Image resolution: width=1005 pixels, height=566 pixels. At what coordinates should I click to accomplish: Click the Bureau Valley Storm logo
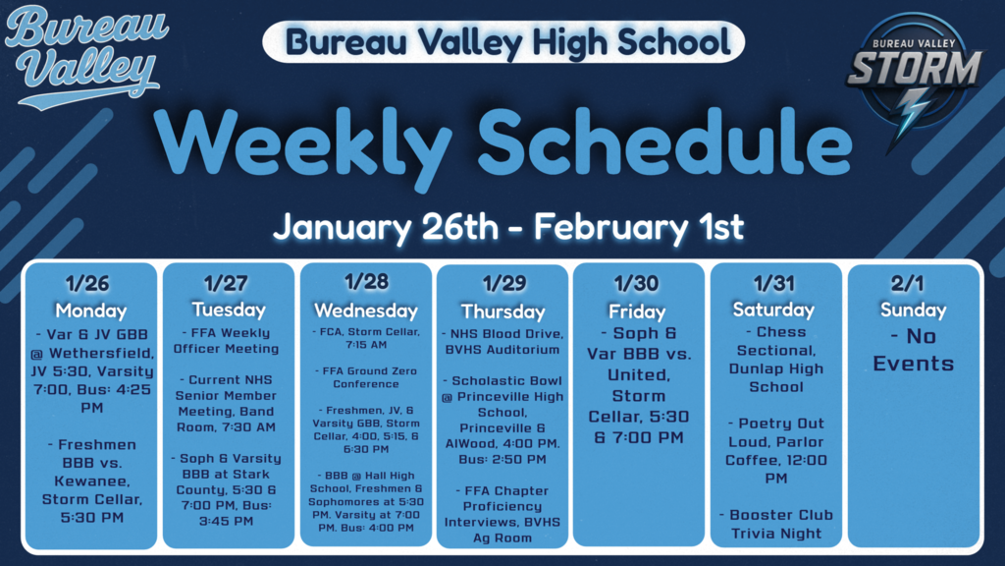[x=914, y=76]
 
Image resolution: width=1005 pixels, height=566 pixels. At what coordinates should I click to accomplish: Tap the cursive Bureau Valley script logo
[x=82, y=54]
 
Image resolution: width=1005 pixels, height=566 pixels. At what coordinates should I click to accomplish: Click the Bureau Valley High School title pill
[x=503, y=41]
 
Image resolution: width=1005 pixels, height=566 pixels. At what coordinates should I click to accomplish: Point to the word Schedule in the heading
[x=667, y=143]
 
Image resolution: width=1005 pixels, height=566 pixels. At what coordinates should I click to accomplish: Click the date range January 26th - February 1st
[x=507, y=227]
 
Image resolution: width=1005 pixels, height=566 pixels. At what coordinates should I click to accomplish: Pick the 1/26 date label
[x=90, y=285]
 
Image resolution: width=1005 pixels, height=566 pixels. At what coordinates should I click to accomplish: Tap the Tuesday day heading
[x=228, y=310]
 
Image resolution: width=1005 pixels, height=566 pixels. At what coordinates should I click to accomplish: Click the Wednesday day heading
[x=365, y=311]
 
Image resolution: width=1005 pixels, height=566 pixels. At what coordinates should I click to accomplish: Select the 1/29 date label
[x=502, y=285]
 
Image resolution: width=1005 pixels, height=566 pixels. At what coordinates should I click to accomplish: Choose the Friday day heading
[x=638, y=310]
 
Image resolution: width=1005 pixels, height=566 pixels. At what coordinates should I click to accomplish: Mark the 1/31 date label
[x=775, y=285]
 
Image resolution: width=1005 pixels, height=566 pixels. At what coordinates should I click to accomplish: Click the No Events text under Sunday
[x=913, y=350]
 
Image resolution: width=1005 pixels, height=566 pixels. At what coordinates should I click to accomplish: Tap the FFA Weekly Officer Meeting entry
[x=227, y=341]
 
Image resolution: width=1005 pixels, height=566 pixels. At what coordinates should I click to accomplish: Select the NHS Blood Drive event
[x=502, y=341]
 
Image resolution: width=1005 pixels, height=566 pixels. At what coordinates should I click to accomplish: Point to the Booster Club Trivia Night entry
[x=775, y=524]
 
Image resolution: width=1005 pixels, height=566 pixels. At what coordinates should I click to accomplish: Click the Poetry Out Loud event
[x=775, y=450]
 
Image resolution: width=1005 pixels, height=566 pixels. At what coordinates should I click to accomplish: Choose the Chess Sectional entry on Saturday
[x=775, y=359]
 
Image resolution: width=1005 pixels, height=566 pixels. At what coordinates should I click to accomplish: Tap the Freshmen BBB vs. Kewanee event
[x=90, y=481]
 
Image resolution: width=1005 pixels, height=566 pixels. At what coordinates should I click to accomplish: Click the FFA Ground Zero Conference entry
[x=365, y=377]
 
